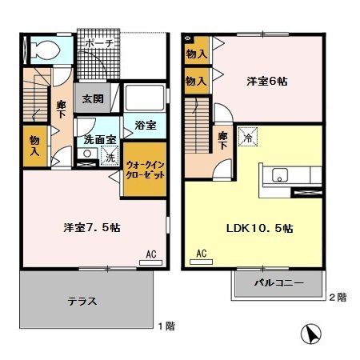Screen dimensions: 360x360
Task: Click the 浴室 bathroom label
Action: (x=145, y=126)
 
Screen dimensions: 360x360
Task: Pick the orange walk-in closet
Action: (x=144, y=170)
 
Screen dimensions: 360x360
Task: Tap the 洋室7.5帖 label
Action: (x=91, y=227)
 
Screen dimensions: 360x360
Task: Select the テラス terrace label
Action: (x=83, y=302)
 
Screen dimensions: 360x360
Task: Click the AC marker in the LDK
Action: (x=201, y=254)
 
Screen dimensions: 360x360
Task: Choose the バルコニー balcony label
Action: (x=279, y=284)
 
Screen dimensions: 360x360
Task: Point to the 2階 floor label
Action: (x=337, y=298)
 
